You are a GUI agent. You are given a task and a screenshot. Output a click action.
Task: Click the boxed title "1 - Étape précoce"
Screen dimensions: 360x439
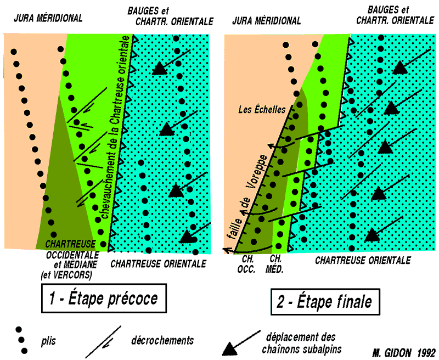pos(103,299)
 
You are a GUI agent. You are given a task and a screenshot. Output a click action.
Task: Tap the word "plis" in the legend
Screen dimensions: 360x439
pos(48,340)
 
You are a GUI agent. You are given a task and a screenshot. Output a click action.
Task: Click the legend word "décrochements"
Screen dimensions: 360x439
pos(162,340)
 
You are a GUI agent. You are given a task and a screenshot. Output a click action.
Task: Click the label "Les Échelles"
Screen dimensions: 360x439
pos(262,110)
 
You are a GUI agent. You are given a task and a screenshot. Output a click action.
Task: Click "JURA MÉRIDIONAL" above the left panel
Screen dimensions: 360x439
pos(48,18)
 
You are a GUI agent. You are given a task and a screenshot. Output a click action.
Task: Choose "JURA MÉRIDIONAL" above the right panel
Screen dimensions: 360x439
pos(267,21)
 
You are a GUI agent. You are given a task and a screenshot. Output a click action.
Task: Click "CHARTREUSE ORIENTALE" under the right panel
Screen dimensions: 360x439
pos(363,261)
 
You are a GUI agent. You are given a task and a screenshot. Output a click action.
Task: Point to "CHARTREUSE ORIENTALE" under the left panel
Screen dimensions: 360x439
pos(158,264)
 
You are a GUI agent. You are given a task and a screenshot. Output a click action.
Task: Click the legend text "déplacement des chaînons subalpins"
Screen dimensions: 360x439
pos(301,341)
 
